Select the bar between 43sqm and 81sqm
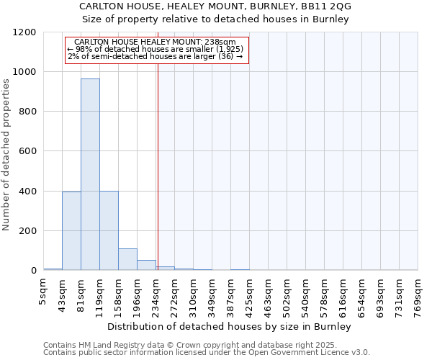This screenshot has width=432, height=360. (71, 230)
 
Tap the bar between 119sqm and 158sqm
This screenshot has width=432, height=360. (109, 230)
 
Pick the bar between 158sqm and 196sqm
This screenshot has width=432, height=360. (127, 259)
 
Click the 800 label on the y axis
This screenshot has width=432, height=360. (28, 112)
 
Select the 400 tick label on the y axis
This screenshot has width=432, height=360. (28, 192)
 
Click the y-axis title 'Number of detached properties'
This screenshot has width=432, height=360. (7, 155)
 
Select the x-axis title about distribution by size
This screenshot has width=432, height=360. (230, 326)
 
